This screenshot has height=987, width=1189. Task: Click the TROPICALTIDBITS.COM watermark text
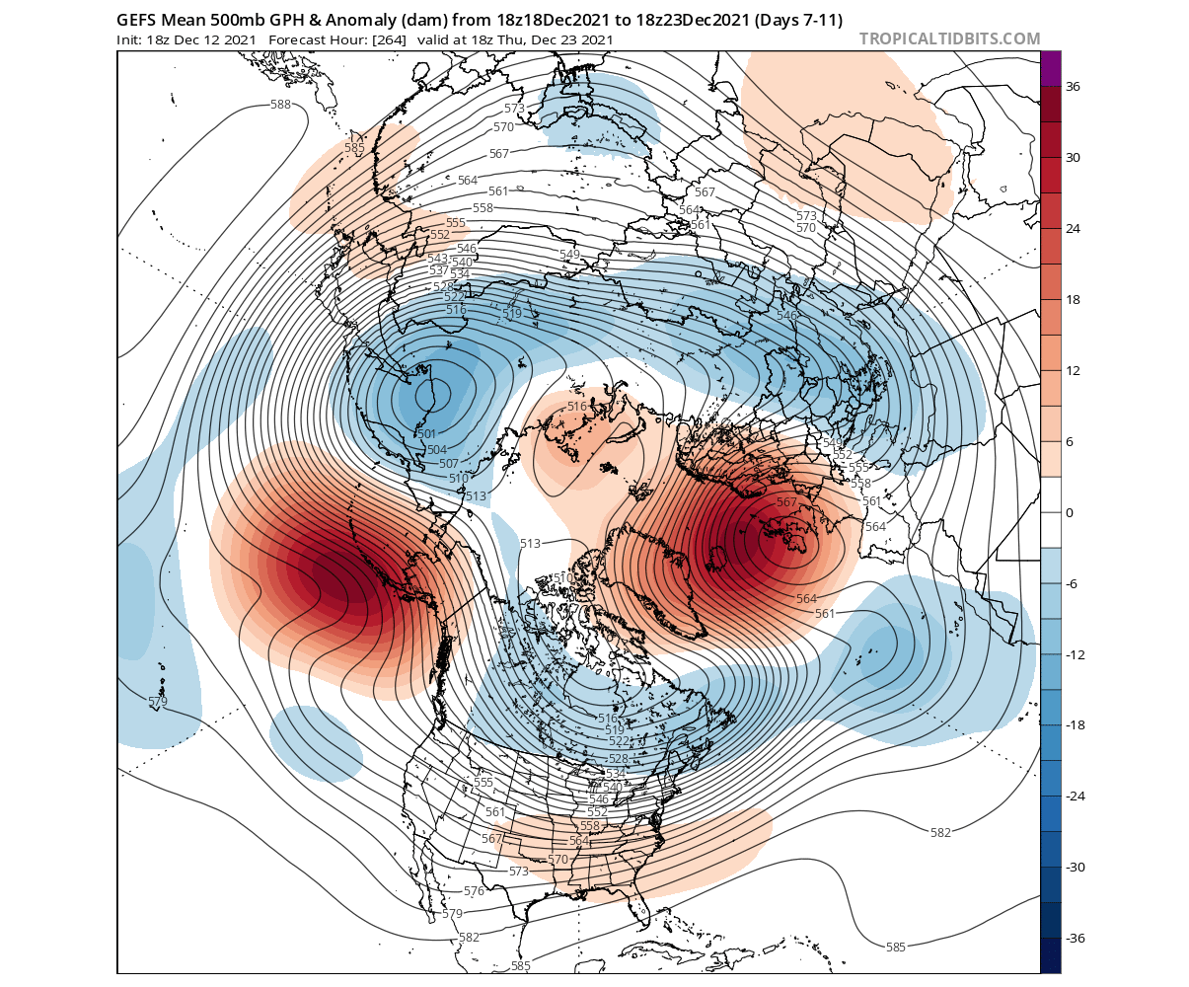949,38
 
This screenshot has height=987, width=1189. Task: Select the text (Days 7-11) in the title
792,20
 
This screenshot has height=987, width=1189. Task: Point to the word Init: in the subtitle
132,39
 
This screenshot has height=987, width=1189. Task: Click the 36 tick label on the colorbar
1074,87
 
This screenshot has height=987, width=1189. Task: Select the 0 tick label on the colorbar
1070,513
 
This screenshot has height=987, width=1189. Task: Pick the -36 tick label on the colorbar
1077,938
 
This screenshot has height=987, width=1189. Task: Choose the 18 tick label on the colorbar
1074,300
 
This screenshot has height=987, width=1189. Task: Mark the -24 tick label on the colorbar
1077,796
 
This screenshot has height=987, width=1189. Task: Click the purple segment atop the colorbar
1050,68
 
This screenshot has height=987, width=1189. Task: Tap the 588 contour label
280,105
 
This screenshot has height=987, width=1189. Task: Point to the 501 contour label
427,434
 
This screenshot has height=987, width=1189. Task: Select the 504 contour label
437,450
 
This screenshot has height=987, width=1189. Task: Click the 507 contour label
448,464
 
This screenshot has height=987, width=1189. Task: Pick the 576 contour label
474,891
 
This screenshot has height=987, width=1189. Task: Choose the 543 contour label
437,259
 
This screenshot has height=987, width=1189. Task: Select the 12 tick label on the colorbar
1074,371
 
